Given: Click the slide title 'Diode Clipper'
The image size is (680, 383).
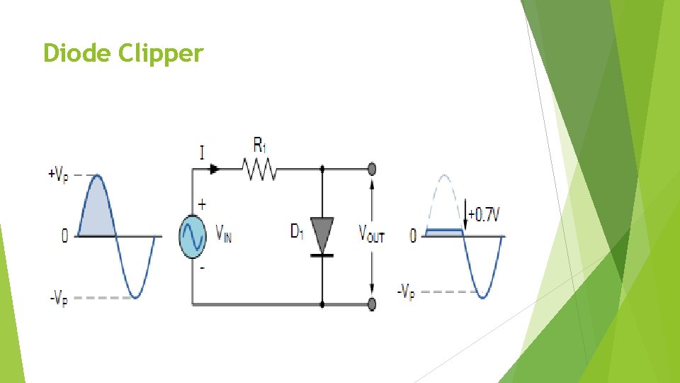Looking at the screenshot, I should point(123,53).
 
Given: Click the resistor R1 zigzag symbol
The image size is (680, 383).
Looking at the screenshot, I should point(259,170).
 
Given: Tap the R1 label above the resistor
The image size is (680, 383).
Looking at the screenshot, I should point(260,146).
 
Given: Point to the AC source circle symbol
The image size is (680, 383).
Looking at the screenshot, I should point(192,236).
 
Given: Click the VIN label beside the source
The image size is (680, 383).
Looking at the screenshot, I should point(222,233).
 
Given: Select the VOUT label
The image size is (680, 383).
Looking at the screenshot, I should point(371,233).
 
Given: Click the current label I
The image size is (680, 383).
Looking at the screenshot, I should point(202,152).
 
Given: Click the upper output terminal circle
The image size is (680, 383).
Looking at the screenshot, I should point(372,170).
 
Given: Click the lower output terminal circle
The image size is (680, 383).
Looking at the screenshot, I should point(372,305).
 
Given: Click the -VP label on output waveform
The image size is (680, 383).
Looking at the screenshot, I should point(406,291).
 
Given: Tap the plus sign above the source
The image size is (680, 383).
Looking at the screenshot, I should point(203,204).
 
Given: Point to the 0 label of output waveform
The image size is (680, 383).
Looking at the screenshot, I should point(413,235).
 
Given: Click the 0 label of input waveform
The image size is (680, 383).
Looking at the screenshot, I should point(64,236).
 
